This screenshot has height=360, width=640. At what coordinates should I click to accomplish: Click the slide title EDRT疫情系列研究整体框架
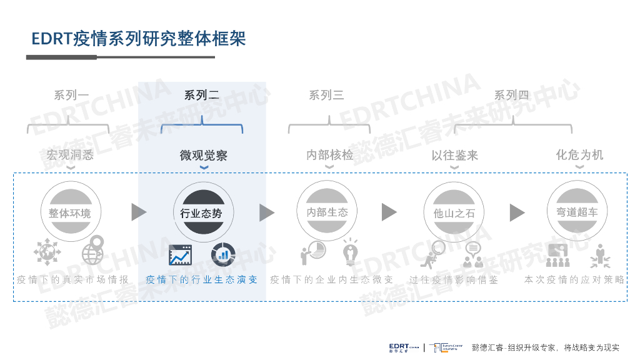[139, 38]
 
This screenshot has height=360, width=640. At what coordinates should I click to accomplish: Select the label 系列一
[71, 96]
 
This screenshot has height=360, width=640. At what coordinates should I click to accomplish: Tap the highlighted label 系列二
[201, 96]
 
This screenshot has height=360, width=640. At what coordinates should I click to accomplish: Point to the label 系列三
[326, 96]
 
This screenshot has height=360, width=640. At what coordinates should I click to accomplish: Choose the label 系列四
[511, 96]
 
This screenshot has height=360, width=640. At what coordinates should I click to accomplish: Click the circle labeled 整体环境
[70, 212]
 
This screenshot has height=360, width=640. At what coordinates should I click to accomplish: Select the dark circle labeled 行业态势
[201, 212]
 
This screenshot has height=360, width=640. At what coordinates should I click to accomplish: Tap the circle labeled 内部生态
[327, 212]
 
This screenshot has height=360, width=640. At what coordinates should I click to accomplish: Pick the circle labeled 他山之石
[454, 212]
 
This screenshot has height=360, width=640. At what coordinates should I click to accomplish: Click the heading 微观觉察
[203, 155]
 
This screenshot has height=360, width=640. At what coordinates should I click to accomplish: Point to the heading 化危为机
[579, 154]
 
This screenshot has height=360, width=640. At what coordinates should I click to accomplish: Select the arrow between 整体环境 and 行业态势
[138, 212]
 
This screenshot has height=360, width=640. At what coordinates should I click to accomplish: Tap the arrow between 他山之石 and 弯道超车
[516, 212]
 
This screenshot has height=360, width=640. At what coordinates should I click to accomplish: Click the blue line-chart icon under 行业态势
[181, 254]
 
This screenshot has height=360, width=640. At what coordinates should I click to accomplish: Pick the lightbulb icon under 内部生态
[349, 252]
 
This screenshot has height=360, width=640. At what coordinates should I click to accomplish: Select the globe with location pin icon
[93, 251]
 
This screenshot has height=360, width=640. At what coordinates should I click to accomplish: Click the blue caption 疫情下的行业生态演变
[201, 279]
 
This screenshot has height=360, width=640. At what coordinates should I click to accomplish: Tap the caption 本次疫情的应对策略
[574, 279]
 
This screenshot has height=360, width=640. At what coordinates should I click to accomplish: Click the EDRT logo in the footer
[403, 347]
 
